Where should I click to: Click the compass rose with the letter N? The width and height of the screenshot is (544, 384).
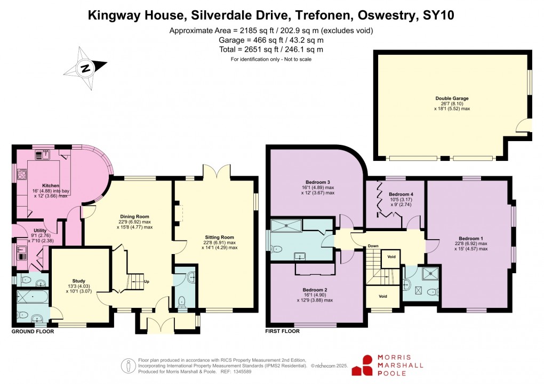point(85,68)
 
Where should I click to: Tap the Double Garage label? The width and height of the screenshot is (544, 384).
point(452,99)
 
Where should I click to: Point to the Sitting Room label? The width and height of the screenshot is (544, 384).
point(219,238)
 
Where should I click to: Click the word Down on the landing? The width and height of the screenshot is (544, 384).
point(373,246)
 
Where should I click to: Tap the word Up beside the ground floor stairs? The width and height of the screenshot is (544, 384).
point(147,282)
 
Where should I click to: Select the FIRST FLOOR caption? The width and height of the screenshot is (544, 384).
point(283,331)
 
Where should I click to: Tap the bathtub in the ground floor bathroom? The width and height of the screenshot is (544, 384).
point(32,296)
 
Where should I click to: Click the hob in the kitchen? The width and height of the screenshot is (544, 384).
point(23,174)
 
